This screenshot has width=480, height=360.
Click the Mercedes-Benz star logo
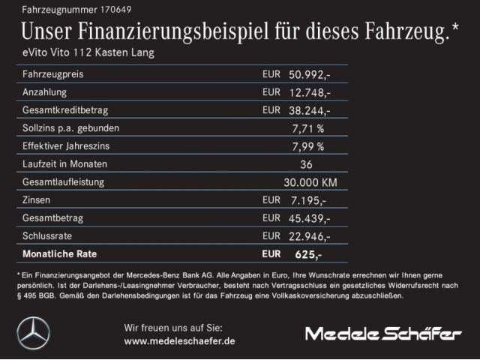tap(33, 333)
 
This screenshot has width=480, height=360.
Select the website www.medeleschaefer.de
tap(179, 340)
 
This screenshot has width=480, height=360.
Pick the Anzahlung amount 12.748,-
tap(308, 92)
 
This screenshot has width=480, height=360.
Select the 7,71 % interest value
tap(307, 128)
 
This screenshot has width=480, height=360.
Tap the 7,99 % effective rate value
tap(307, 146)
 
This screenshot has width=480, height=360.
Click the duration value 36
tap(305, 164)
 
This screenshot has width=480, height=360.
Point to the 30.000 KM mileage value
tap(309, 182)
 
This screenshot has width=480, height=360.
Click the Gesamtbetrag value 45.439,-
tap(308, 218)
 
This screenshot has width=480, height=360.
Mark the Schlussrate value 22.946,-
tap(308, 236)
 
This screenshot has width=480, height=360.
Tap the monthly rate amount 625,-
tap(308, 254)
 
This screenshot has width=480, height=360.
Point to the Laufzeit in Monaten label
tap(65, 164)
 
